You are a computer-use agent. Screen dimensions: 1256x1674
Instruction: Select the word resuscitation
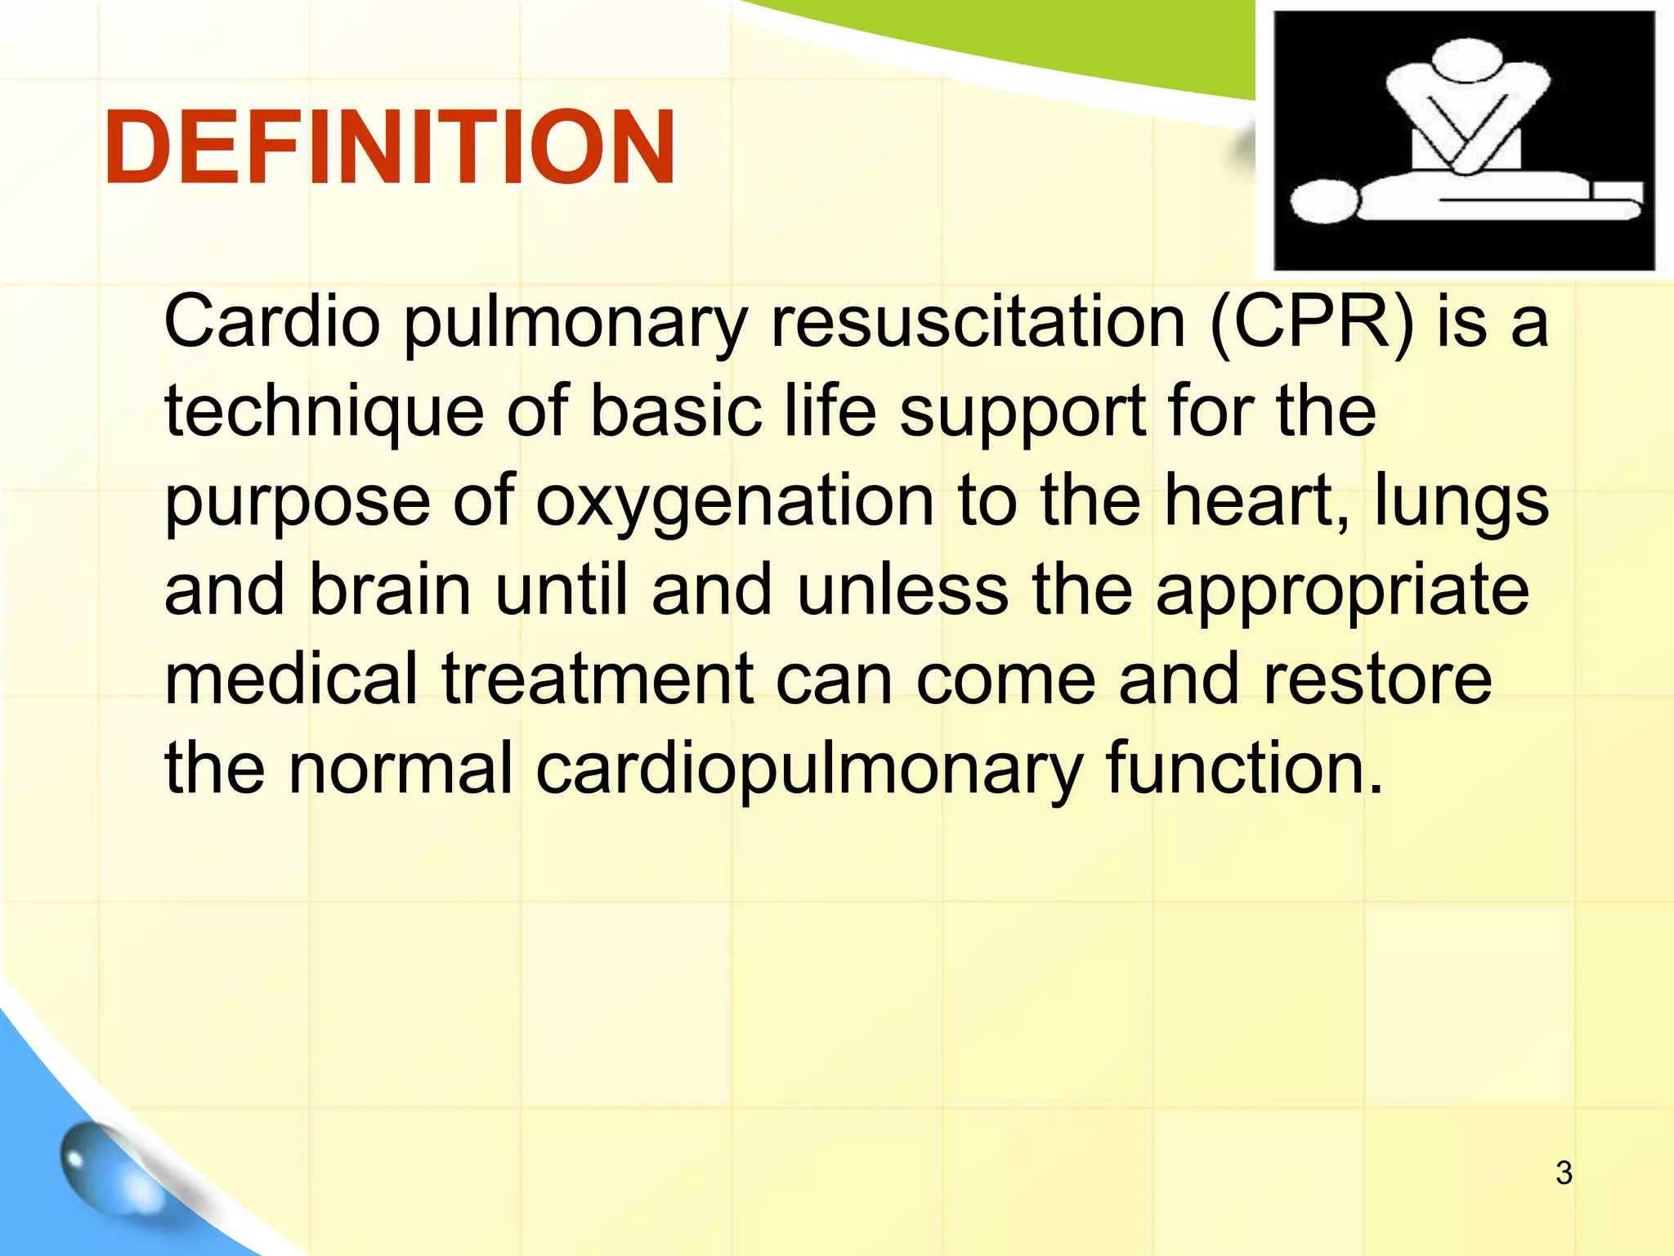978,321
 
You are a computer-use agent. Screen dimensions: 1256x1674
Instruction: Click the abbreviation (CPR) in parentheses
1311,321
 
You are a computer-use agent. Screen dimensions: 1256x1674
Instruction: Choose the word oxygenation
735,500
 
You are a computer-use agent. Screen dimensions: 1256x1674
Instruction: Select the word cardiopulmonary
809,770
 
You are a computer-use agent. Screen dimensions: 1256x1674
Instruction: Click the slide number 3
1564,1173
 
